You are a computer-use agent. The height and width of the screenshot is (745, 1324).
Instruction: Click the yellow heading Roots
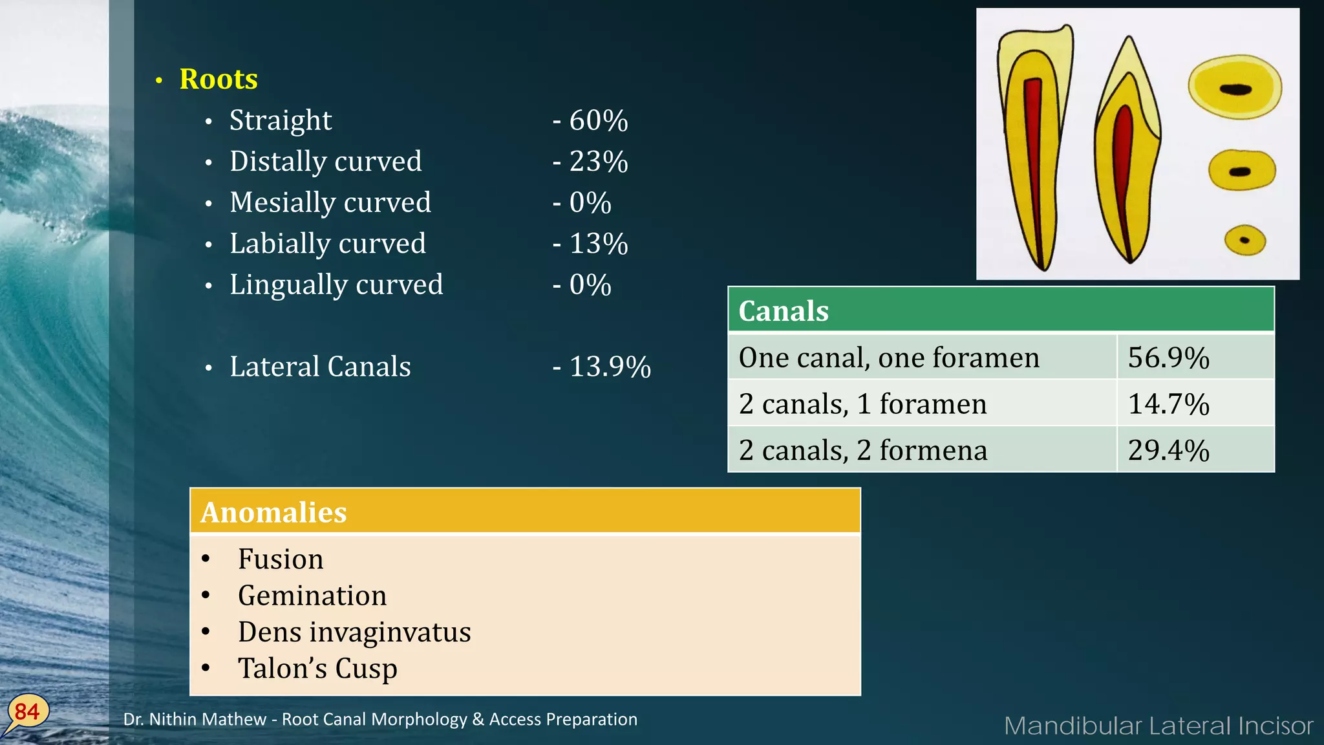pyautogui.click(x=219, y=79)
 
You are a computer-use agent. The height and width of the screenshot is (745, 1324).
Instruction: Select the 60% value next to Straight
pyautogui.click(x=598, y=120)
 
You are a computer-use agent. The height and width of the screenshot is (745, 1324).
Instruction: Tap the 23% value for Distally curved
pyautogui.click(x=598, y=162)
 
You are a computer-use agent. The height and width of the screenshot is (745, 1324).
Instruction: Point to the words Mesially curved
pyautogui.click(x=330, y=202)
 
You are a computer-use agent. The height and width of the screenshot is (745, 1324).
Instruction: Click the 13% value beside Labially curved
pyautogui.click(x=598, y=244)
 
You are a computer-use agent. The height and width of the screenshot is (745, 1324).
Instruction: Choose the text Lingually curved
pyautogui.click(x=336, y=285)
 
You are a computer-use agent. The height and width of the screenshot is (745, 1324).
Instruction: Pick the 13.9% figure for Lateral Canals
pyautogui.click(x=610, y=367)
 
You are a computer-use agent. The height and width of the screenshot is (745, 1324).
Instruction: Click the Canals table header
pyautogui.click(x=784, y=311)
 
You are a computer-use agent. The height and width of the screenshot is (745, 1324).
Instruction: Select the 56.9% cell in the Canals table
pyautogui.click(x=1168, y=358)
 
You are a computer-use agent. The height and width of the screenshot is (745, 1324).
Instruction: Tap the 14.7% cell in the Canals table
pyautogui.click(x=1168, y=404)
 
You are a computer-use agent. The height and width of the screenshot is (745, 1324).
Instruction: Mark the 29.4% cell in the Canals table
pyautogui.click(x=1168, y=450)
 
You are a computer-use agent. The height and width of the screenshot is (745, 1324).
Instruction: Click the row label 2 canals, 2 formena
pyautogui.click(x=863, y=450)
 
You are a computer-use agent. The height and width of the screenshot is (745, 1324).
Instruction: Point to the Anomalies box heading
pyautogui.click(x=273, y=512)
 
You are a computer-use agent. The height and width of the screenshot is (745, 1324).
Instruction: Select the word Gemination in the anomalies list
pyautogui.click(x=312, y=596)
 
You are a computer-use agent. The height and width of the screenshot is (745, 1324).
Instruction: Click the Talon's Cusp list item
pyautogui.click(x=317, y=669)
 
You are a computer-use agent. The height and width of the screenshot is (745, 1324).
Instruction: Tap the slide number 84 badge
pyautogui.click(x=27, y=712)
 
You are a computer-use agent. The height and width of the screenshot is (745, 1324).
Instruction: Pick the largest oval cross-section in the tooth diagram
pyautogui.click(x=1235, y=87)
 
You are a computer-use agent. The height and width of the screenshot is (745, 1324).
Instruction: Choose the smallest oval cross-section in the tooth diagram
pyautogui.click(x=1244, y=240)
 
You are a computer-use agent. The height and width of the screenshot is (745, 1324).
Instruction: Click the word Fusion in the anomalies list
pyautogui.click(x=281, y=559)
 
